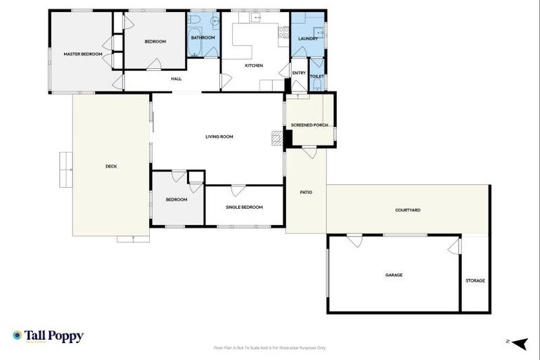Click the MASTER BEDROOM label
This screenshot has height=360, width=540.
coord(83,54)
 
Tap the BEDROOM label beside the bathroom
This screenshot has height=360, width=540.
coord(155,41)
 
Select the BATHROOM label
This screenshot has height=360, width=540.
coord(203,37)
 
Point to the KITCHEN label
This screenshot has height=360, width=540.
coord(254,65)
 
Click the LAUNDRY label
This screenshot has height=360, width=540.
coord(308,39)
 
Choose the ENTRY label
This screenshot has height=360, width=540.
coord(299,72)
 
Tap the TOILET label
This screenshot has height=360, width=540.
coord(317,76)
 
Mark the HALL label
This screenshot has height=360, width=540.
coord(176,79)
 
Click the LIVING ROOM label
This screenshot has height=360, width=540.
coord(219,136)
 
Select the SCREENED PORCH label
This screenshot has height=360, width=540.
coord(309,124)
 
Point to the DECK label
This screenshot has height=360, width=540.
coord(111,166)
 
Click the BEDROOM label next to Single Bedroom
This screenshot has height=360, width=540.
coord(176,200)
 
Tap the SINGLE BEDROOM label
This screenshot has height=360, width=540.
coord(244,207)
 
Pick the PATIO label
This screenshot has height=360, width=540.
coord(306,192)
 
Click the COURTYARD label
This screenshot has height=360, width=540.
coord(408,210)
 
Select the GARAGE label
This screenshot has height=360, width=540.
coord(394,275)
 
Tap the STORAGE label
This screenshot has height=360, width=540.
coord(475,281)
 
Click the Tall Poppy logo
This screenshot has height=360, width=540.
coord(48,336)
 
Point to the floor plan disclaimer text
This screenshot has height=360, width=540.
coord(269,347)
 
